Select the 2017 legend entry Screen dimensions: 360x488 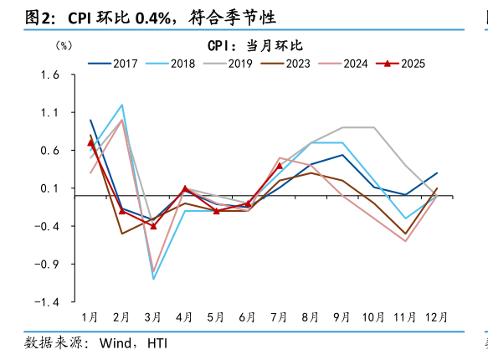[113, 63]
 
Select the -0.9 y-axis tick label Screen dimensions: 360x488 [48, 265]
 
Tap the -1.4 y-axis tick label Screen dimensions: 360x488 [48, 302]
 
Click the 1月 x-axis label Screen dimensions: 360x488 [90, 317]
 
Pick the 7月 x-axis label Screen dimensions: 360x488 [279, 317]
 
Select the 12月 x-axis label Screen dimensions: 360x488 [435, 317]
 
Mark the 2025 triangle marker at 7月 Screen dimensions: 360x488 [280, 166]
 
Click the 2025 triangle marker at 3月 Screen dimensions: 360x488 [153, 226]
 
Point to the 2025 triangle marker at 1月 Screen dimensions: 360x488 [90, 143]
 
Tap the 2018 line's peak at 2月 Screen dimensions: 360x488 [122, 105]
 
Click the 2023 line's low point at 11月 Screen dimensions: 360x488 [405, 234]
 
